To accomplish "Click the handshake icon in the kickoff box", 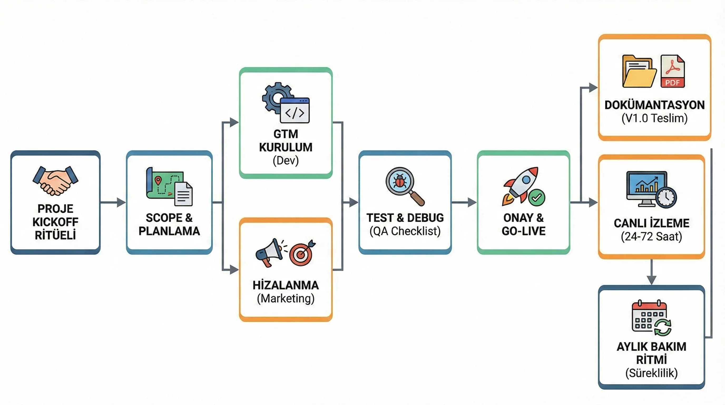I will [55, 181].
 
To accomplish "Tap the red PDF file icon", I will [673, 71].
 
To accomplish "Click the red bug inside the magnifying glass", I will [400, 181].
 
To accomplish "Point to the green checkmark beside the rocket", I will [537, 197].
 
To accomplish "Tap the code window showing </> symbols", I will [295, 110].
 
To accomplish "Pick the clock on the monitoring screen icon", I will [666, 197].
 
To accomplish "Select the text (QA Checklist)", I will [405, 231].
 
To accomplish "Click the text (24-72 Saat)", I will [651, 237].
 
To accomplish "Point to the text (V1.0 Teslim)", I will [654, 118].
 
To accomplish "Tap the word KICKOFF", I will [55, 222].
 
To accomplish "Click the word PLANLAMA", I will [169, 231].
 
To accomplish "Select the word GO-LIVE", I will [523, 231].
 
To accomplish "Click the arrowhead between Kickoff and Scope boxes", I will [121, 202].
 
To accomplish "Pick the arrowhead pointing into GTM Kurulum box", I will [234, 122].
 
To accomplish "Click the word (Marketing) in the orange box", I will [286, 298].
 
